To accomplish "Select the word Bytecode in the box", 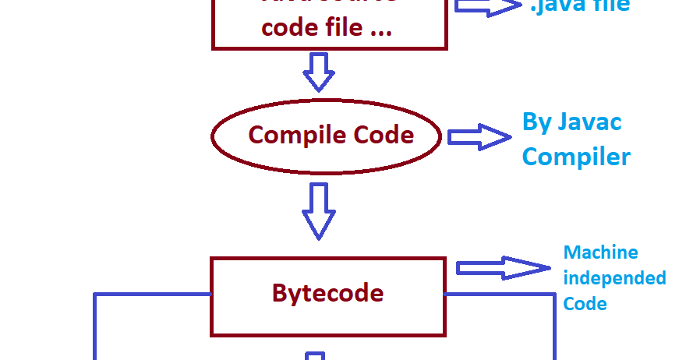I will click(327, 293).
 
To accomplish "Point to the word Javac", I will click(590, 122).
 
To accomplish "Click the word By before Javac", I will click(537, 122).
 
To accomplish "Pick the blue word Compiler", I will click(576, 157).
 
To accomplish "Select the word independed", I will click(614, 278).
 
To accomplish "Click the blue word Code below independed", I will click(585, 303).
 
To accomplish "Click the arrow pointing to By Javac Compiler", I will click(478, 137).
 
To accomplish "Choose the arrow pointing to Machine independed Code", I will click(503, 268).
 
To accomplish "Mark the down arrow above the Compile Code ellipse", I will click(318, 72).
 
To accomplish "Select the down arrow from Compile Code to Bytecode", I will click(318, 210).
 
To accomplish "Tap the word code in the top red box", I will click(286, 28).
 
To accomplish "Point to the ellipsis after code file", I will click(380, 31).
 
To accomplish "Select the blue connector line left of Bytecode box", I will click(153, 295).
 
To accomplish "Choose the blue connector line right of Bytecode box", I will click(499, 295).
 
